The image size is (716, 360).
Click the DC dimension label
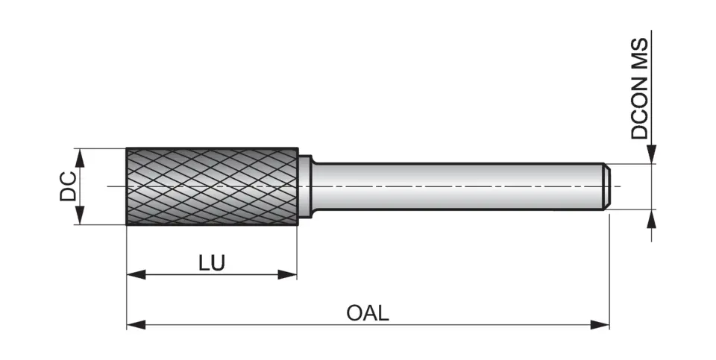pyautogui.click(x=68, y=186)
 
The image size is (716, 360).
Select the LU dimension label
pyautogui.click(x=211, y=263)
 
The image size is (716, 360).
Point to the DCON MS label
pyautogui.click(x=640, y=89)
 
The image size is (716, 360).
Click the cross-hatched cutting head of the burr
pyautogui.click(x=212, y=186)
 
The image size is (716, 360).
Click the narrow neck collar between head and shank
pyautogui.click(x=304, y=186)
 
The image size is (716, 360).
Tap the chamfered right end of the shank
pyautogui.click(x=607, y=186)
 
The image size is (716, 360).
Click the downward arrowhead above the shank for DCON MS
pyautogui.click(x=653, y=154)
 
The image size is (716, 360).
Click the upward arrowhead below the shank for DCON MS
pyautogui.click(x=653, y=218)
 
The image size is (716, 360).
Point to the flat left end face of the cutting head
pyautogui.click(x=128, y=186)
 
